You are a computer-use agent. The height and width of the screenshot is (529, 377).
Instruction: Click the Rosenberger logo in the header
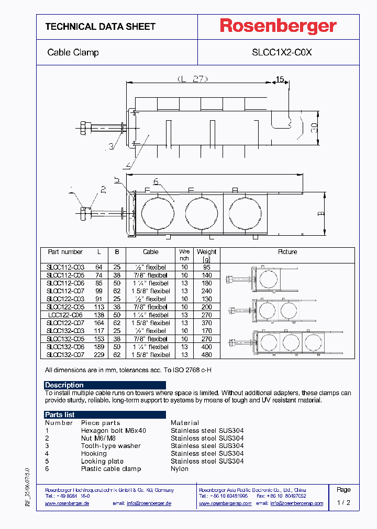coord(278,27)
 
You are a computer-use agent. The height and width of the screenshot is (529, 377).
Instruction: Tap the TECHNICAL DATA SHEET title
coord(100,27)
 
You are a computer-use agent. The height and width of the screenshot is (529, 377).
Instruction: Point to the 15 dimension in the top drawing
coord(280,80)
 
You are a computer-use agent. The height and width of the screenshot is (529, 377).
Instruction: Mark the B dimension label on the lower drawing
coord(321,213)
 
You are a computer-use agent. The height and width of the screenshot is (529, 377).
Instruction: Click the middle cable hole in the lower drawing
coord(201,213)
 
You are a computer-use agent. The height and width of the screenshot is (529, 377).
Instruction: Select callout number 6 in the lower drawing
coord(156,181)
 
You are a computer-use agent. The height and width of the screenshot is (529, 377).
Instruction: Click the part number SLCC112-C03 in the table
coord(65,267)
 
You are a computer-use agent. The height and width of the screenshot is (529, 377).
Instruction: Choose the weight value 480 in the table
coord(206,355)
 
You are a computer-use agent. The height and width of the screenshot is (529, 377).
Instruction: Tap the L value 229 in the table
coord(98,355)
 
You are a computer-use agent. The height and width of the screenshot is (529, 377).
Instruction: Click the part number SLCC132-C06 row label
coord(65,347)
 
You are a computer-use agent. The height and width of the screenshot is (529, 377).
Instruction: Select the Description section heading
coord(64,385)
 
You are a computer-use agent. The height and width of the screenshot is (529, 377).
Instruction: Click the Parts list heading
coord(60,415)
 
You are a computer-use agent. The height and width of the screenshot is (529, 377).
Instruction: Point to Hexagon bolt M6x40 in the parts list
coord(114,431)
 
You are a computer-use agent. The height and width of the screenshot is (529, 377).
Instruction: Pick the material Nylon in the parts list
coord(180,469)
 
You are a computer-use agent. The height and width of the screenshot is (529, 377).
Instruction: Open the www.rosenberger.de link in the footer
coord(67,503)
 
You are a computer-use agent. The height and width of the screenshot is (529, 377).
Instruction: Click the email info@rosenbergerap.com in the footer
coord(296,503)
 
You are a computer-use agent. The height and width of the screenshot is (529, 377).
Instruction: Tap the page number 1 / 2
coord(343,503)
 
